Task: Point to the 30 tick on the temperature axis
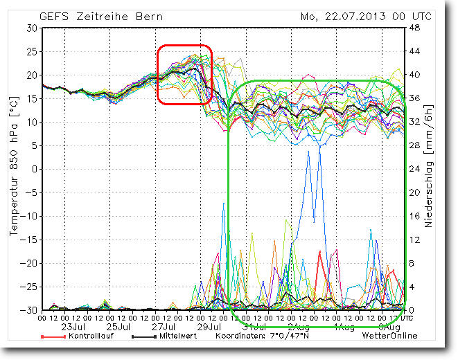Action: (x=32, y=28)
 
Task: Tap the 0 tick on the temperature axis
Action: (x=35, y=169)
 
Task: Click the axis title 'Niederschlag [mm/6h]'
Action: (x=430, y=168)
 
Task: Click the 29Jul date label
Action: (x=209, y=326)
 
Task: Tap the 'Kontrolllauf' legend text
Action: (x=89, y=336)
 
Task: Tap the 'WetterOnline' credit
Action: (x=389, y=336)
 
